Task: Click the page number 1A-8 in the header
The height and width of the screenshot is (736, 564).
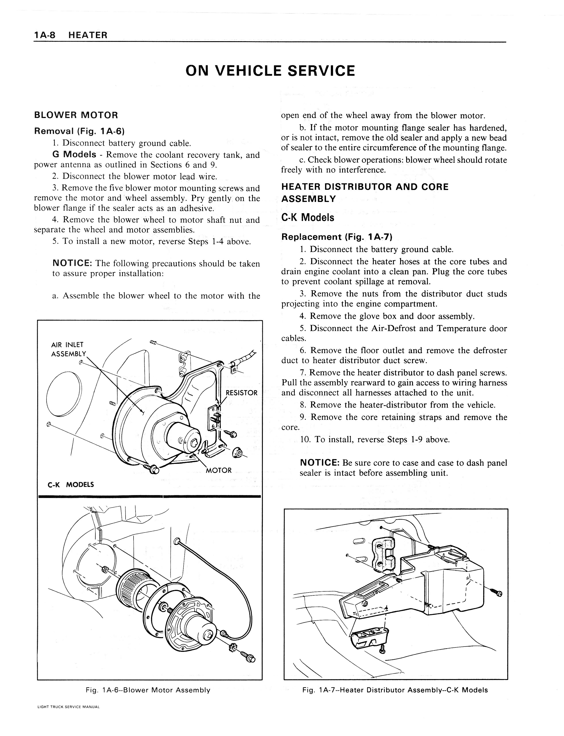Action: point(45,35)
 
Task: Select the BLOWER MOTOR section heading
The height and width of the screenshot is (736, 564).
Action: point(76,115)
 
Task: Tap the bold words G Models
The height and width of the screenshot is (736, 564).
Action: point(74,155)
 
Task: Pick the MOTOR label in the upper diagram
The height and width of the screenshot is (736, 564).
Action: point(219,470)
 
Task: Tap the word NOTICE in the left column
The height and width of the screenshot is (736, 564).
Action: point(72,263)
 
